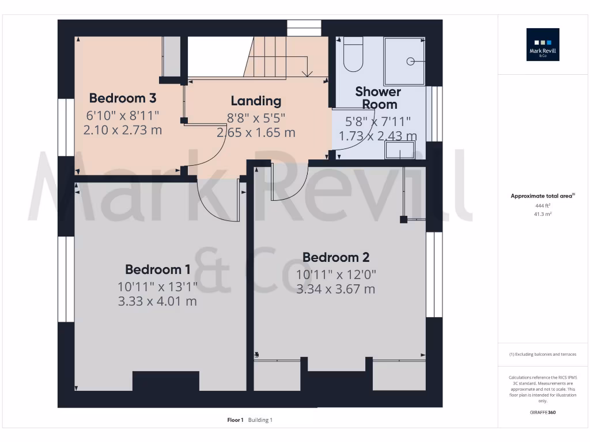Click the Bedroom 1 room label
coord(157,269)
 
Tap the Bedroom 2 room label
coord(336,257)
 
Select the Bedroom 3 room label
coord(122,98)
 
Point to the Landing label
coord(256,101)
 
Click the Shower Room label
coord(378,98)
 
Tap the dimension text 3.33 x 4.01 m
coord(157,300)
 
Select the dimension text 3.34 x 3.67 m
coord(336,289)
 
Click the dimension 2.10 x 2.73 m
coord(122,130)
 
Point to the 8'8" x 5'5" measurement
coord(256,118)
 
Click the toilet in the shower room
coord(353,55)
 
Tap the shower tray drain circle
coord(411,61)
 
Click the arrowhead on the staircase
coord(307,73)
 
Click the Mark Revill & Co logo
coord(543,45)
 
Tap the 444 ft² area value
coord(542,205)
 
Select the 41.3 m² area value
coord(542,214)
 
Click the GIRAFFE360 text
coord(542,413)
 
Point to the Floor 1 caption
coord(235,420)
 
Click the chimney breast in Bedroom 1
coord(166,381)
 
